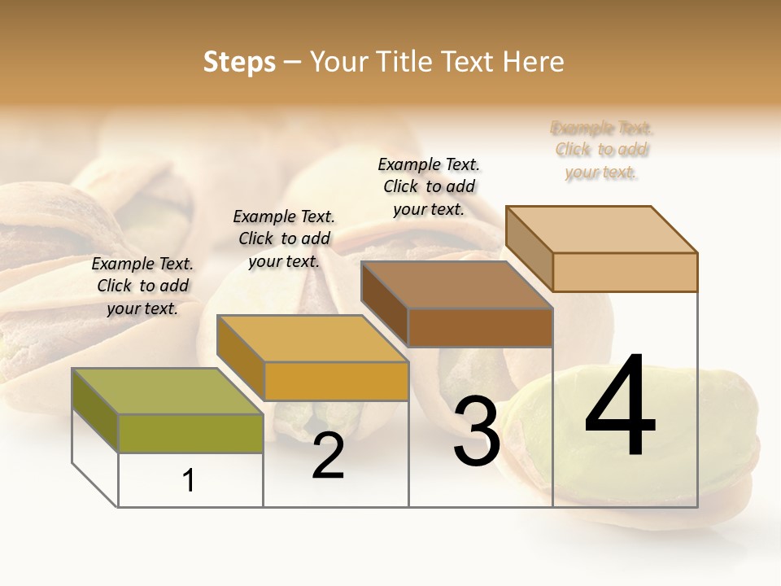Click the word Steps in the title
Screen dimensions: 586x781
coord(239,62)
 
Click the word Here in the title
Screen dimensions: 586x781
coord(534,62)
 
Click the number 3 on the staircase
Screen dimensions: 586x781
coord(476,431)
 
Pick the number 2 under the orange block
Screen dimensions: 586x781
coord(328,456)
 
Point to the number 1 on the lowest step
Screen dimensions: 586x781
coord(189,481)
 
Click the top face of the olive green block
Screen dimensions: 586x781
coord(167,391)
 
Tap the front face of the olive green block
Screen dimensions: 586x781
coord(190,433)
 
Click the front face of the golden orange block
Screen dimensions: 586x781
coord(336,381)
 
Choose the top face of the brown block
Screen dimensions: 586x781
coord(456,285)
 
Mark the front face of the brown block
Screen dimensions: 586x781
coord(480,327)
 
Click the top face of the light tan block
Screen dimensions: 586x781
coord(601,229)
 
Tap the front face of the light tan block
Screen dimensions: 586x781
coord(625,272)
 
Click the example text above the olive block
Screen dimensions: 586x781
coord(142,286)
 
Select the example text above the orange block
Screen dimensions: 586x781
coord(284,238)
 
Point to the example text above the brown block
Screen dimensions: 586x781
coord(429,186)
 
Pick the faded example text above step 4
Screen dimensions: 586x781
coord(602,150)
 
